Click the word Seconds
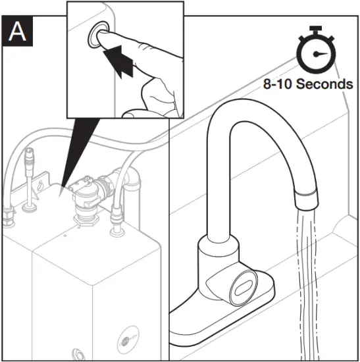pos(324,84)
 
